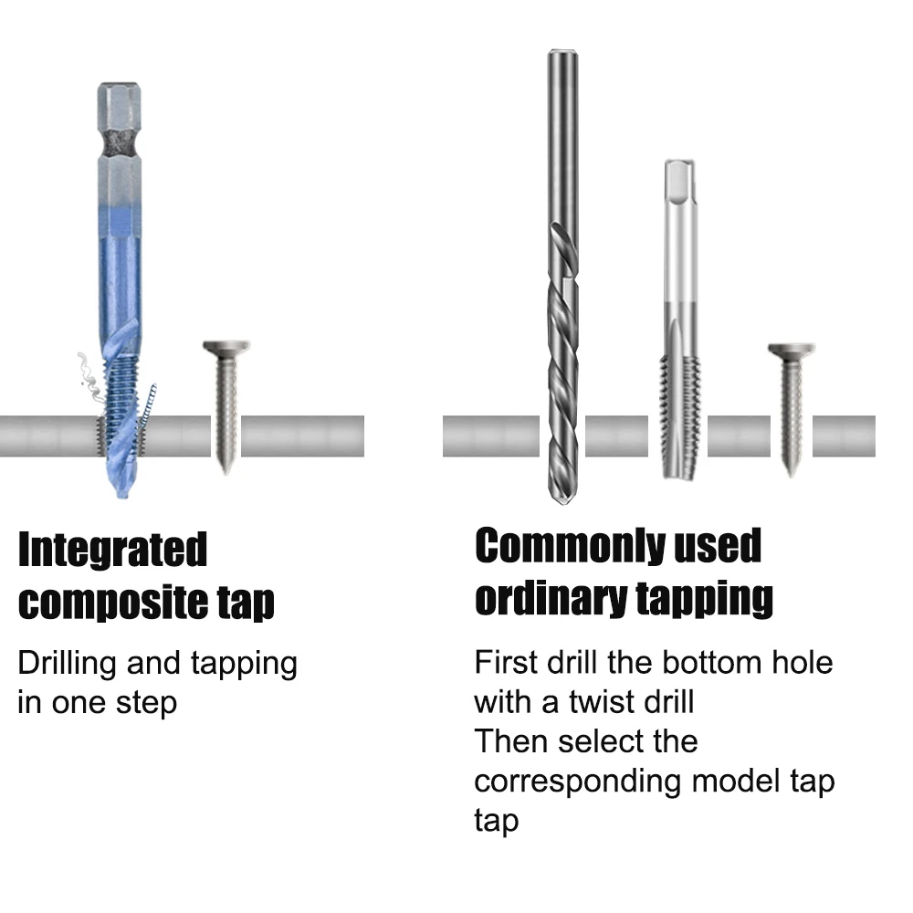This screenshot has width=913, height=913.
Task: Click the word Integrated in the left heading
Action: pos(113,550)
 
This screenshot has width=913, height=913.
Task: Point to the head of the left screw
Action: pos(225,349)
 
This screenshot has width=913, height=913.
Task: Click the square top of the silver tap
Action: pos(679,183)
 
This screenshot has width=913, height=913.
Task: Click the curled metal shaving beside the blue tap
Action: pos(85,374)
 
